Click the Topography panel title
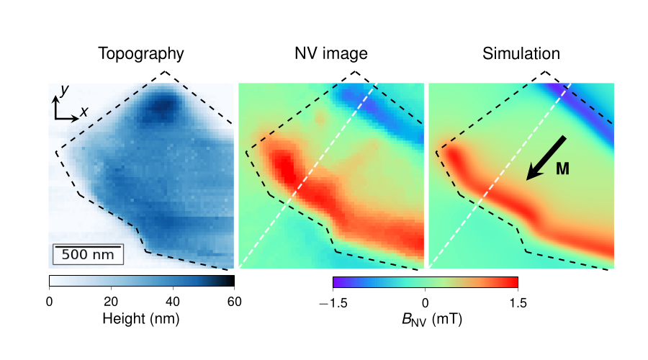tap(141, 54)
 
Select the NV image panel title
tap(331, 54)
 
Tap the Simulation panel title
tap(521, 54)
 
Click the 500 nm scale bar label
tap(87, 254)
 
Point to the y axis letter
tap(64, 89)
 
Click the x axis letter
tap(84, 112)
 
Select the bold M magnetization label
tap(563, 169)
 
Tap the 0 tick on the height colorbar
tap(49, 302)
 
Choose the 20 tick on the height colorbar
tap(111, 302)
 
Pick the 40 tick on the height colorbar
tap(173, 302)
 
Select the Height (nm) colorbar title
tap(141, 318)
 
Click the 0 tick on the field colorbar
tap(426, 302)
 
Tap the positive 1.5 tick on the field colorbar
tap(518, 302)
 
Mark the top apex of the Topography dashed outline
tap(165, 71)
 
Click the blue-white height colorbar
tap(142, 282)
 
